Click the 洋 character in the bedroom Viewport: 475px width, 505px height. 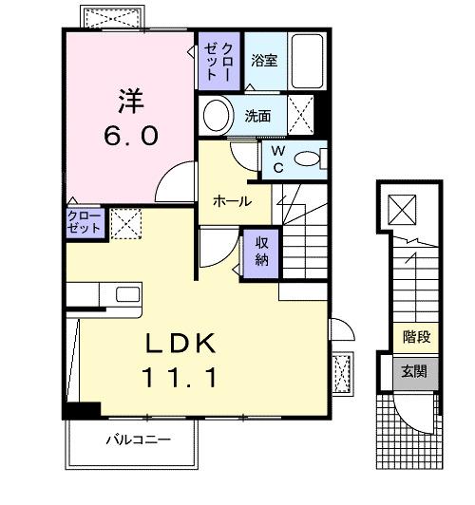[130, 100]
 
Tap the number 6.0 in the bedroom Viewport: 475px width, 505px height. [130, 135]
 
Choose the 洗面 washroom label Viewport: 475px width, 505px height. [258, 117]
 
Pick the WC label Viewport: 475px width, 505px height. [277, 158]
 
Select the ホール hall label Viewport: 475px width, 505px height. [232, 201]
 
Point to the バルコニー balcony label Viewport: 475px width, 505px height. [138, 440]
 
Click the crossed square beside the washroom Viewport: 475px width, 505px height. [301, 117]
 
